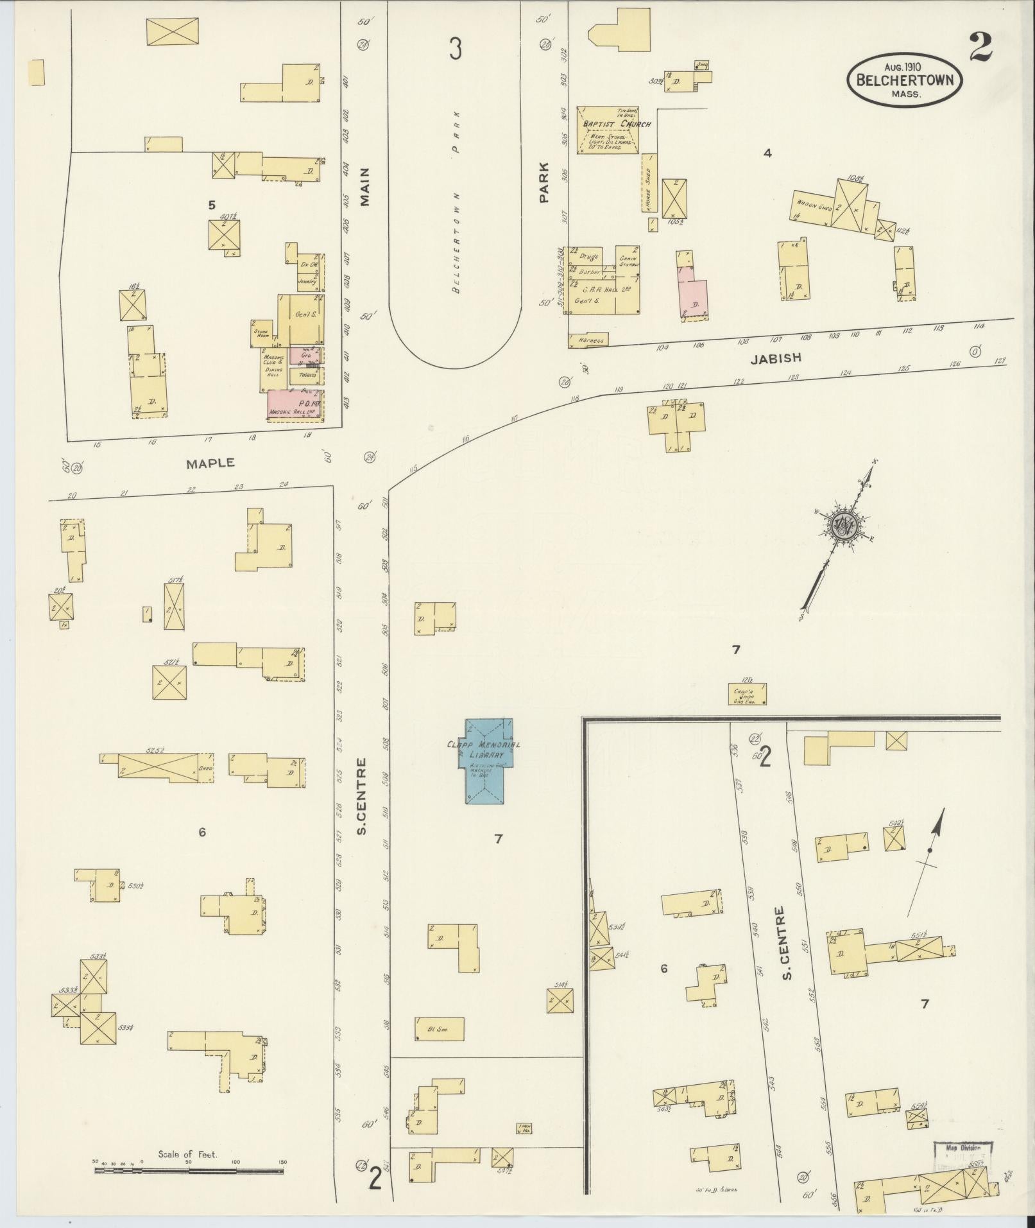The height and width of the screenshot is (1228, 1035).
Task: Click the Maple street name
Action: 210,463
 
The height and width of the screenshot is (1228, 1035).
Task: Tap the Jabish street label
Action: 776,359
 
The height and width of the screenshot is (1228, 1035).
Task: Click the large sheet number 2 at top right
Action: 980,47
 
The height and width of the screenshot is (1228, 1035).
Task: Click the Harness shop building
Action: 588,340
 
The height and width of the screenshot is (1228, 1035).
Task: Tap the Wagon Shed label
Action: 814,202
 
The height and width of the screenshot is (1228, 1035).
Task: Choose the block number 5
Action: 210,205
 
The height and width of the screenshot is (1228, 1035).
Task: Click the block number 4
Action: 767,153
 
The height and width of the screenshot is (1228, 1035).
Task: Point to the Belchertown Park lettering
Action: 456,202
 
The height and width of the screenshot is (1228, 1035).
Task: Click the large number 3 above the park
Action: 455,49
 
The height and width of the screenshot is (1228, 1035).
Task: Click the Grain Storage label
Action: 627,262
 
